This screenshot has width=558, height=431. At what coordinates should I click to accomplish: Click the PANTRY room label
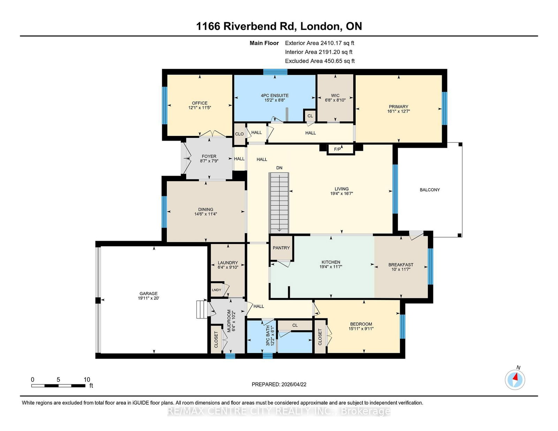click(x=281, y=248)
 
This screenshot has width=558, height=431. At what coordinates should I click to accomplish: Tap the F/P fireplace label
click(x=338, y=149)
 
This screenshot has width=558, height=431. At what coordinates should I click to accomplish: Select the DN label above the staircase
click(x=279, y=168)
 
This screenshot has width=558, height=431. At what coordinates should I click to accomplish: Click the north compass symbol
click(x=515, y=380)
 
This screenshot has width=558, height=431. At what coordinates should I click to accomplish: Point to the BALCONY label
click(x=430, y=190)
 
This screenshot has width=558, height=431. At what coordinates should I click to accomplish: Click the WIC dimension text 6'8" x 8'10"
click(x=335, y=100)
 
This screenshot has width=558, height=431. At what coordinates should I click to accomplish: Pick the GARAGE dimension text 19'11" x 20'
click(x=149, y=298)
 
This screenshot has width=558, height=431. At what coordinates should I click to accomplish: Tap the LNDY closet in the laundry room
click(x=217, y=290)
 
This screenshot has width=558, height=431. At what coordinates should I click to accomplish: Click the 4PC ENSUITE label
click(x=274, y=95)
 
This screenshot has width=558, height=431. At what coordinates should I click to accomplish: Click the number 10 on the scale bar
click(x=87, y=379)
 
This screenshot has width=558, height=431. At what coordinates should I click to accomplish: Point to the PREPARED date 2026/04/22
click(x=294, y=384)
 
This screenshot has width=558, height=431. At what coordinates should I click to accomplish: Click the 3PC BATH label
click(x=268, y=336)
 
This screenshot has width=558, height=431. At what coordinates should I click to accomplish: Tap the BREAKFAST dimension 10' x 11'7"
click(x=401, y=269)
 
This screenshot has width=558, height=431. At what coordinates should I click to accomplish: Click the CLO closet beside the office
click(x=239, y=134)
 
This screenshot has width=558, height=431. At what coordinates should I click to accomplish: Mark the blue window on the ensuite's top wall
click(x=275, y=72)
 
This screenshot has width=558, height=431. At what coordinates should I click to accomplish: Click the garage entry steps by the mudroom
click(x=202, y=309)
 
